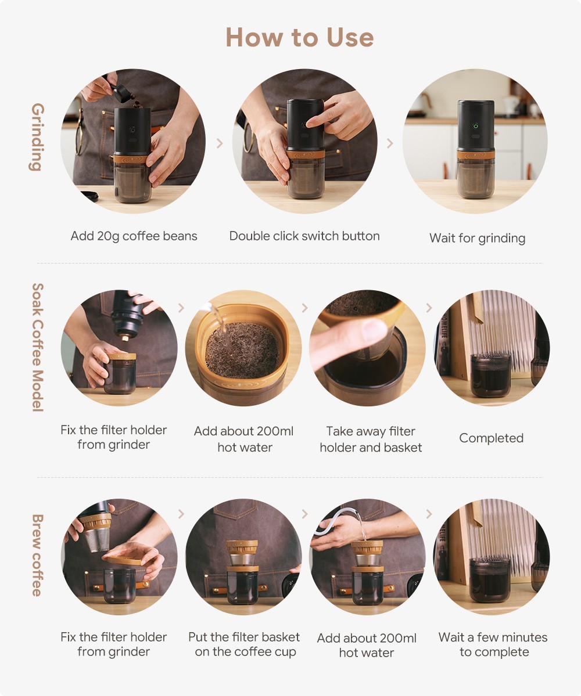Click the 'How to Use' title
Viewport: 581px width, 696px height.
click(300, 37)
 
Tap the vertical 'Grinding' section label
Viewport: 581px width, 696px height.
click(38, 137)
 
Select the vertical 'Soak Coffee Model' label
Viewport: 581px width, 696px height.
click(38, 348)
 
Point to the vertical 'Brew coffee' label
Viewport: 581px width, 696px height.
click(38, 556)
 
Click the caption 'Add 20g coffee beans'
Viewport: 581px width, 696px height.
click(134, 236)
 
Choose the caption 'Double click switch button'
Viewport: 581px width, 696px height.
click(304, 236)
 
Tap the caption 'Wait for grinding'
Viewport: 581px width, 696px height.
click(477, 239)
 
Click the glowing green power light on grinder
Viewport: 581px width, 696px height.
click(475, 126)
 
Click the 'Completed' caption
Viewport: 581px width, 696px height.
click(492, 438)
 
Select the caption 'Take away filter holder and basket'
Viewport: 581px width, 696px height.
click(371, 439)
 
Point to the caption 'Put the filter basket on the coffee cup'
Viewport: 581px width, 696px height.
click(244, 644)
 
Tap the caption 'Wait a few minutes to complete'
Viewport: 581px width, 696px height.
click(493, 644)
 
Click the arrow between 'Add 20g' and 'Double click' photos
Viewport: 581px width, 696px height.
click(220, 143)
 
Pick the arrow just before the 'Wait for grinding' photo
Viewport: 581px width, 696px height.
click(389, 143)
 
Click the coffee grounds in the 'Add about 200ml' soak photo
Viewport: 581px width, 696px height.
click(242, 349)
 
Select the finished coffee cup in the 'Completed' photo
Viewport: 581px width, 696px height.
click(490, 376)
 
